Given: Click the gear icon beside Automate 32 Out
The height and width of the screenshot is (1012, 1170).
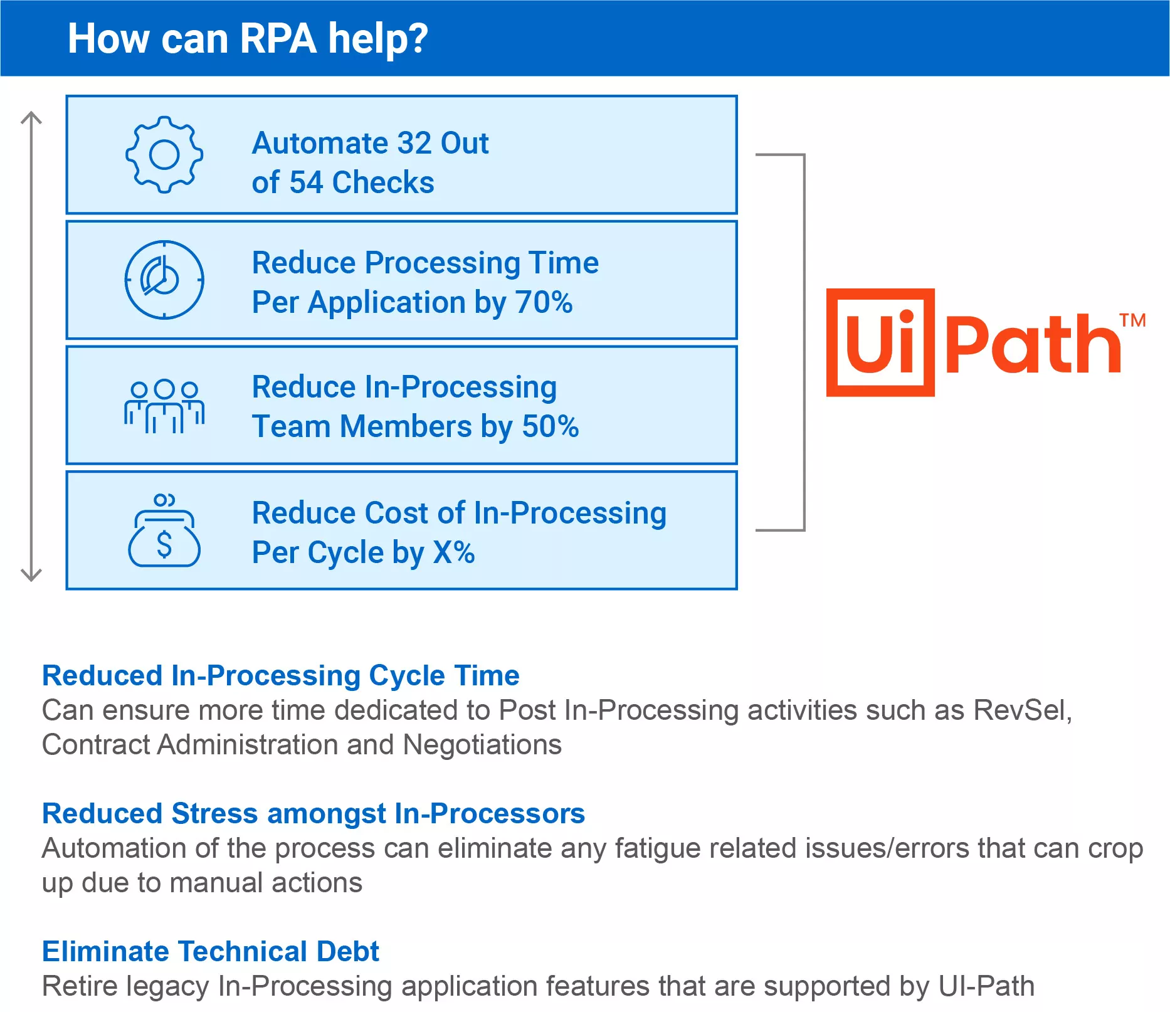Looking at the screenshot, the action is (164, 154).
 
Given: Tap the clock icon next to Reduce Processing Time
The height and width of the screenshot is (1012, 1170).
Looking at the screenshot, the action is (164, 280).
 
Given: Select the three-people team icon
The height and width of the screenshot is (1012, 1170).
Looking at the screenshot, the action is (164, 406).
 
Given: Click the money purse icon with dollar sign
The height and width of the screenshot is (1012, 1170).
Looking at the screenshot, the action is (164, 530).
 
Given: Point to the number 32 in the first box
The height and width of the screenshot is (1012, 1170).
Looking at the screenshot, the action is (414, 143).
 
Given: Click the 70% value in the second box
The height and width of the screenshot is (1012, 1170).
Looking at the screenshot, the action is (544, 302).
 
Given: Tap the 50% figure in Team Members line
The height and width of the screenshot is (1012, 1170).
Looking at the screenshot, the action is (551, 426).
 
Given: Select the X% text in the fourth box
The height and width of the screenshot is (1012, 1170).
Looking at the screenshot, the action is (454, 552).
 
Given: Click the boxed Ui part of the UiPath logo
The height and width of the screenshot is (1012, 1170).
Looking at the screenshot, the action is (880, 342).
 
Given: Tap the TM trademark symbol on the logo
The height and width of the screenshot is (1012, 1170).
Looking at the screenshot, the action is (1133, 320).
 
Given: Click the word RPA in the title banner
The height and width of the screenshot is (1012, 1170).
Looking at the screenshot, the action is (278, 38).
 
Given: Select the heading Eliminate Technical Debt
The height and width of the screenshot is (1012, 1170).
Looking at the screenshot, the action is (211, 951).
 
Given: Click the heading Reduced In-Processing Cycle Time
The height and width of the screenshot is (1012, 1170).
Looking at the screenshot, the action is (281, 675).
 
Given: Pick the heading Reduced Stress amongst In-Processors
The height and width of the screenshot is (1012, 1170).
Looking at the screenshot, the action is (314, 813).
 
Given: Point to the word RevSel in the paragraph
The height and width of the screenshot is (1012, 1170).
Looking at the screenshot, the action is (1023, 710).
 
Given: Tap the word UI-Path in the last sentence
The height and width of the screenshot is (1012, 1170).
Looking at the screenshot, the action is (986, 986).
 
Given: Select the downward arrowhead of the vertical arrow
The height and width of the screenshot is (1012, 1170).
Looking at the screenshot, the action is (31, 574).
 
